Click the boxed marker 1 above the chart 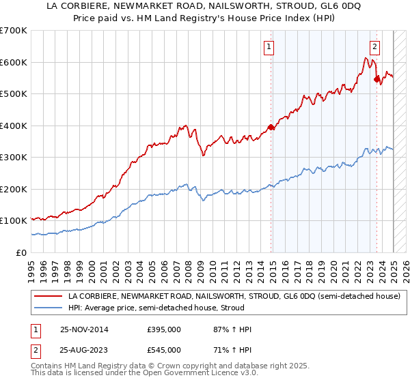pyautogui.click(x=269, y=47)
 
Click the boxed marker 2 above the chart pyautogui.click(x=375, y=47)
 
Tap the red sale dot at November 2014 pyautogui.click(x=271, y=127)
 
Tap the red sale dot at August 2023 pyautogui.click(x=377, y=79)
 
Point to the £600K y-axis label pyautogui.click(x=14, y=62)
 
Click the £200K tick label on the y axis pyautogui.click(x=14, y=189)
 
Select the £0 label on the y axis pyautogui.click(x=22, y=252)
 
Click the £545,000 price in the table pyautogui.click(x=164, y=350)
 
